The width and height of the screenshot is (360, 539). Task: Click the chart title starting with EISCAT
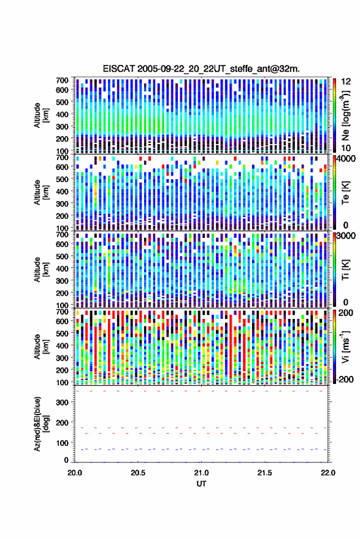[x=201, y=69]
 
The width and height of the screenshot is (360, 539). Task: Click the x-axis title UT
[x=201, y=484]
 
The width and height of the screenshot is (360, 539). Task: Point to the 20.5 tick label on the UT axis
[x=138, y=473]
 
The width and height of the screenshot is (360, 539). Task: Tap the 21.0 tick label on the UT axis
[x=201, y=473]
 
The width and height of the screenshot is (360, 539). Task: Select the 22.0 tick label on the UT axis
[x=327, y=473]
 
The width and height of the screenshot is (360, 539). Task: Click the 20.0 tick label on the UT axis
[x=75, y=473]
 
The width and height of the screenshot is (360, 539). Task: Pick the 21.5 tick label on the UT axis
[x=264, y=473]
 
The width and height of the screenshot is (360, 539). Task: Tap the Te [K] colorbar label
[x=345, y=193]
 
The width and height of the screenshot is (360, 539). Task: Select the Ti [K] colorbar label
[x=345, y=270]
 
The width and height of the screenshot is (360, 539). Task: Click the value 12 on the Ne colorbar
[x=346, y=82]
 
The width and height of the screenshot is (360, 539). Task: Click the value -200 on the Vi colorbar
[x=345, y=380]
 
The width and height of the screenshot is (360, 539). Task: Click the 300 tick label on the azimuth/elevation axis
[x=62, y=402]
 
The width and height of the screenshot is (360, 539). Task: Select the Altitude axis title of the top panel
[x=41, y=115]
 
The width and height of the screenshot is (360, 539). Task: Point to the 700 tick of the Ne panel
[x=62, y=80]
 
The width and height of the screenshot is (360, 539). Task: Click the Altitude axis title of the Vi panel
[x=41, y=346]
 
